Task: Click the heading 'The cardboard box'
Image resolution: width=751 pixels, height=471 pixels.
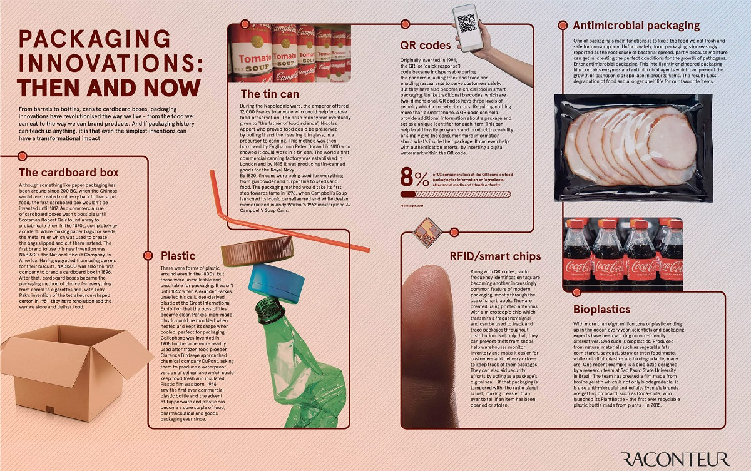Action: (69, 173)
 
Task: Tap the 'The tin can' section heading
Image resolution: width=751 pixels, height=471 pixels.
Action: (270, 94)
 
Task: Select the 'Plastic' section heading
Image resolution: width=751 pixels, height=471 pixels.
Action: (178, 255)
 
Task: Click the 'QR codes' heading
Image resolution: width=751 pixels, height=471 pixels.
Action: (426, 45)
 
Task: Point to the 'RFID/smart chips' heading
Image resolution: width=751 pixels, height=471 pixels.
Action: (495, 256)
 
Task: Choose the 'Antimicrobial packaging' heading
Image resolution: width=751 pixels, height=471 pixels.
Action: (636, 26)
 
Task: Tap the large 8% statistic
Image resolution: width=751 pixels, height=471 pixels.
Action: (414, 179)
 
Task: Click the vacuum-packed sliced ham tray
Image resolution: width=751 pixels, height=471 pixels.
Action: (626, 147)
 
